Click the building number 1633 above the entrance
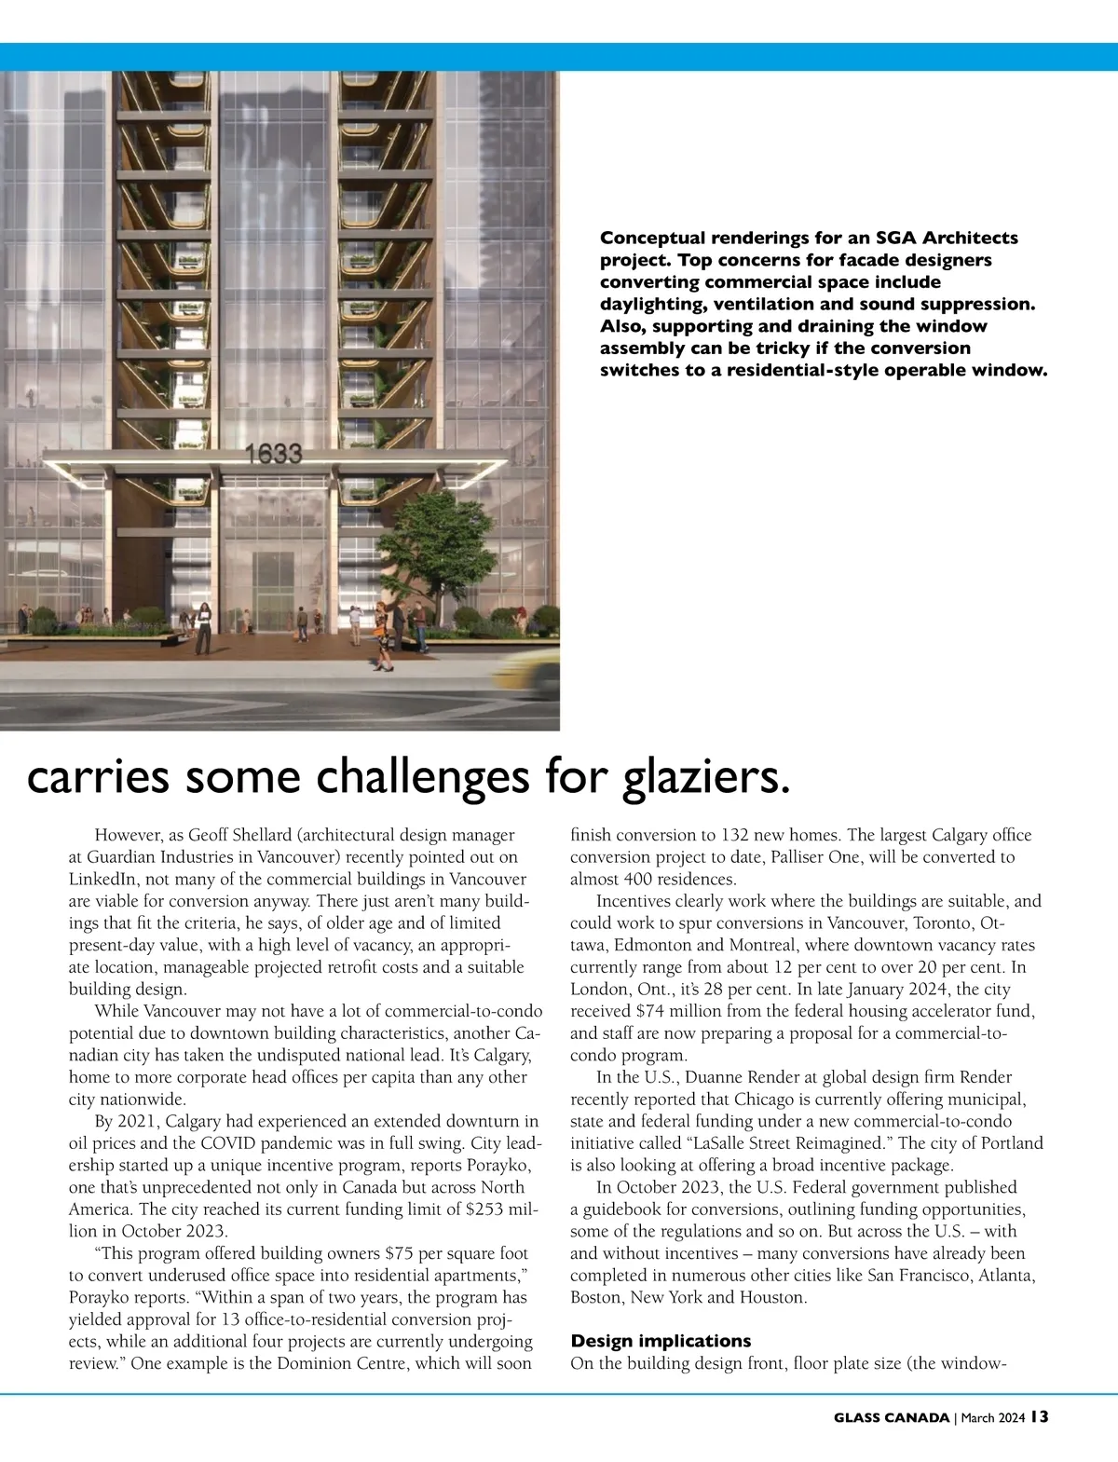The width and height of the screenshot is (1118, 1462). click(274, 454)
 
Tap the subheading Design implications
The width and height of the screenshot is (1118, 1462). click(661, 1341)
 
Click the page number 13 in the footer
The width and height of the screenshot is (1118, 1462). click(1040, 1417)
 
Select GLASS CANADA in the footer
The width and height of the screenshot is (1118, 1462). click(892, 1418)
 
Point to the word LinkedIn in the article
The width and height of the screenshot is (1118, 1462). click(103, 879)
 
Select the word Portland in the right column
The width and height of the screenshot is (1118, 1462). click(1010, 1143)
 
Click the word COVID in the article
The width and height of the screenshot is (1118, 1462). click(228, 1143)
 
